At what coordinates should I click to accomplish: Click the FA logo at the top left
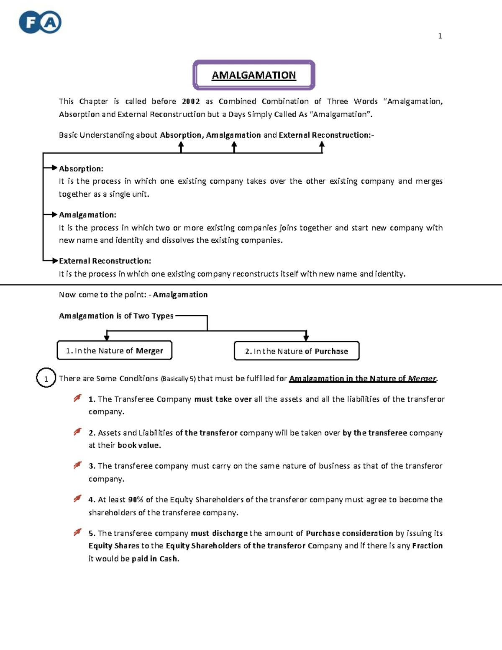40,22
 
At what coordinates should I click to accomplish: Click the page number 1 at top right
440,36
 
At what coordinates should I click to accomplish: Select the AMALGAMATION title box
254,75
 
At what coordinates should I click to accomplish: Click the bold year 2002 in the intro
191,101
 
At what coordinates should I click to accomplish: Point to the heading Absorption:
81,169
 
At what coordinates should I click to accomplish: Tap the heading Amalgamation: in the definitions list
87,215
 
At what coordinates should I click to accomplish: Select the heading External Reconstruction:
105,261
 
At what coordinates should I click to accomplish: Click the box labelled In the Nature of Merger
114,351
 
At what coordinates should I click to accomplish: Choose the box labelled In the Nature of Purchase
296,351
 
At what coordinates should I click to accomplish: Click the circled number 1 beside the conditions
46,379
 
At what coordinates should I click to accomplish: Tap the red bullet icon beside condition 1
77,398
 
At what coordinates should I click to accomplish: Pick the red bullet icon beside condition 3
77,465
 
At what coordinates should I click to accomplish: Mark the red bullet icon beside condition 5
77,532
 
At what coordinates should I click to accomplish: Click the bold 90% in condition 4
136,500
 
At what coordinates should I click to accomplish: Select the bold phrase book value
139,445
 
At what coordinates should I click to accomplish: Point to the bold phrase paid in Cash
155,559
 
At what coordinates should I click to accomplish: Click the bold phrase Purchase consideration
349,533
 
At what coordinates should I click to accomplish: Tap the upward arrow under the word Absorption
181,147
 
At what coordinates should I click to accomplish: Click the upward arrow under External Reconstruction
322,147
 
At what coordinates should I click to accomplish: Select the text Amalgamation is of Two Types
116,316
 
